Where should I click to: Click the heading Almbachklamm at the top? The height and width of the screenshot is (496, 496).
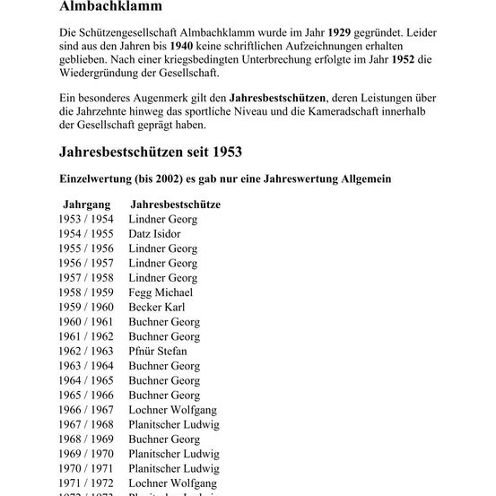click(x=110, y=8)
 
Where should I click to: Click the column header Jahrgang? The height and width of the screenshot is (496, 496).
click(x=87, y=204)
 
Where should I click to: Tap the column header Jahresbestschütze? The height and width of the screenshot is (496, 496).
click(x=176, y=204)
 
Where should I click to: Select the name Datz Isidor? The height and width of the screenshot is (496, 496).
click(x=154, y=234)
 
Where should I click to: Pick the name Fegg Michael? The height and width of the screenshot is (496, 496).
click(x=161, y=292)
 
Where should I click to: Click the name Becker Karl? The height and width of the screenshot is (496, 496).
click(x=157, y=307)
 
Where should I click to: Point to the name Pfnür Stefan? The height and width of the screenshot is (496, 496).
click(x=158, y=351)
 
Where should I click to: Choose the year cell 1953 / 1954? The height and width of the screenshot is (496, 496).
click(x=86, y=219)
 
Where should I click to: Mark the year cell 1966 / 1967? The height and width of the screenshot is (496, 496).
click(x=86, y=410)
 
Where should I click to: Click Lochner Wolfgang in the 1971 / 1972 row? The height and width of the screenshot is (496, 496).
click(x=173, y=483)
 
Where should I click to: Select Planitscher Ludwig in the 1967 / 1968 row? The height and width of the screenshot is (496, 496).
click(x=174, y=424)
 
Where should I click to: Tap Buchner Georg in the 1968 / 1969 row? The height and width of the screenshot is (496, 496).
click(x=164, y=439)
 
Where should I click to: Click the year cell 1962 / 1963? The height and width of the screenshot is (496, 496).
click(x=86, y=351)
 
